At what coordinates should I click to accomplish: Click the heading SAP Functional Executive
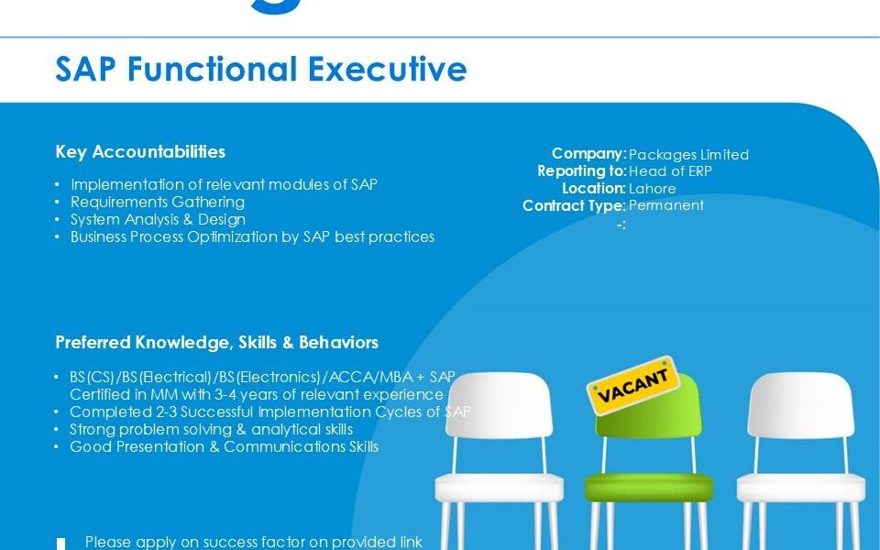click(x=261, y=69)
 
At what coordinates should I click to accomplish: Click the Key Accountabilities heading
click(x=140, y=151)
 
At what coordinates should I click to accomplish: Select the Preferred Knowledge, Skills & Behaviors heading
click(x=216, y=342)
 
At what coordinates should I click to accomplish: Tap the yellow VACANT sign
click(x=633, y=385)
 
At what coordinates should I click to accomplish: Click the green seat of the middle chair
click(x=649, y=487)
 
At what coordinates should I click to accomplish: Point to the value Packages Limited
click(x=688, y=154)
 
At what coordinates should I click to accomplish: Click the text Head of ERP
click(x=670, y=171)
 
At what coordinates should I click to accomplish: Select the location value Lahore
click(x=652, y=189)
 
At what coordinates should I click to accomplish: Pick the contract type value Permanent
click(x=666, y=205)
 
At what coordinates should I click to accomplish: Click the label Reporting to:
click(x=581, y=171)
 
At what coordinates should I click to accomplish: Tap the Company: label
click(x=588, y=154)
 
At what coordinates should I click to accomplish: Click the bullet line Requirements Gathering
click(x=158, y=202)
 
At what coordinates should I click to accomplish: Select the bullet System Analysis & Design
click(x=159, y=219)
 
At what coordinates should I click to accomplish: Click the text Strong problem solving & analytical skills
click(x=211, y=429)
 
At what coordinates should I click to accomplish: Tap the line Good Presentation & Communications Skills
click(x=224, y=446)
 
